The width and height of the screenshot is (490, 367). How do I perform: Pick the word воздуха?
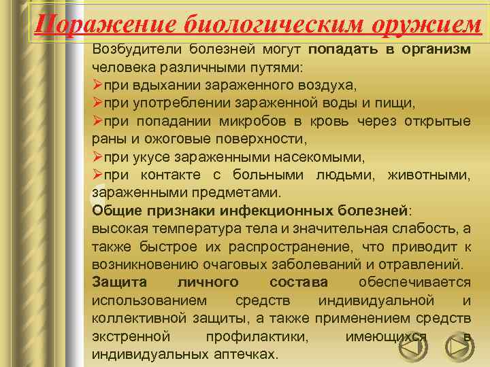327,86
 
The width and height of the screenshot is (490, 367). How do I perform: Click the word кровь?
331,121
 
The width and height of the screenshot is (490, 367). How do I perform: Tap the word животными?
428,175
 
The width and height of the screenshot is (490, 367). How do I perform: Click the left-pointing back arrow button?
412,347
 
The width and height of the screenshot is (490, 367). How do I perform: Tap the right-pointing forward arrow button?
459,347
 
